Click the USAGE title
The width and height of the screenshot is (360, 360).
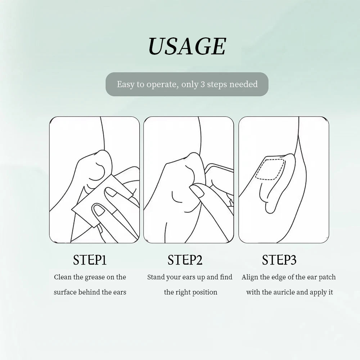pyautogui.click(x=187, y=46)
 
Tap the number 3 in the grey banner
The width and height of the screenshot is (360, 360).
pyautogui.click(x=202, y=85)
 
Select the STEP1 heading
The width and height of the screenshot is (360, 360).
pyautogui.click(x=90, y=260)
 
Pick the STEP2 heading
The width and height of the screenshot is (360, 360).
pyautogui.click(x=185, y=260)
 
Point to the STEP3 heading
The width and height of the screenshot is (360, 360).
pyautogui.click(x=279, y=260)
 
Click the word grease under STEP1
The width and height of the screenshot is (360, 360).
pyautogui.click(x=95, y=278)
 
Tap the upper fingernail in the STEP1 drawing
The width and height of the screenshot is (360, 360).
pyautogui.click(x=111, y=192)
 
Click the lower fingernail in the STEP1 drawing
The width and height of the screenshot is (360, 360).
pyautogui.click(x=99, y=210)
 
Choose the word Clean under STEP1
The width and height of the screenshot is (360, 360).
pyautogui.click(x=63, y=277)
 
